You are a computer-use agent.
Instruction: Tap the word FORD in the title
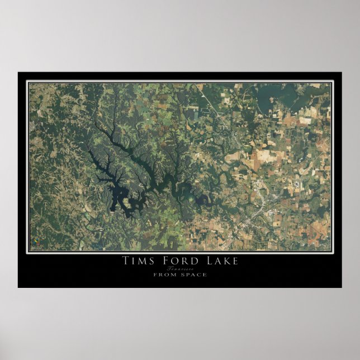tap(179, 260)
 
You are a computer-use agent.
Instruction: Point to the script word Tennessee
tap(179, 268)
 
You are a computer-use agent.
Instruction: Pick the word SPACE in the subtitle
tap(193, 274)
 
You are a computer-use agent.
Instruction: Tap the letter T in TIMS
tap(125, 260)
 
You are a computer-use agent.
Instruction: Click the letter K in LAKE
tap(224, 260)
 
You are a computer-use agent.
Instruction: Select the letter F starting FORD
tap(164, 260)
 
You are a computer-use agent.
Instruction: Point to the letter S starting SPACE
tap(182, 274)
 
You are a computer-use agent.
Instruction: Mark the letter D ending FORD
tap(195, 260)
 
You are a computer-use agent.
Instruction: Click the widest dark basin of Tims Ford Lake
tap(119, 196)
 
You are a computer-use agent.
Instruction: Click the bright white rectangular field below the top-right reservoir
tap(305, 120)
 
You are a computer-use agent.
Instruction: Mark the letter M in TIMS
tap(141, 260)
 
